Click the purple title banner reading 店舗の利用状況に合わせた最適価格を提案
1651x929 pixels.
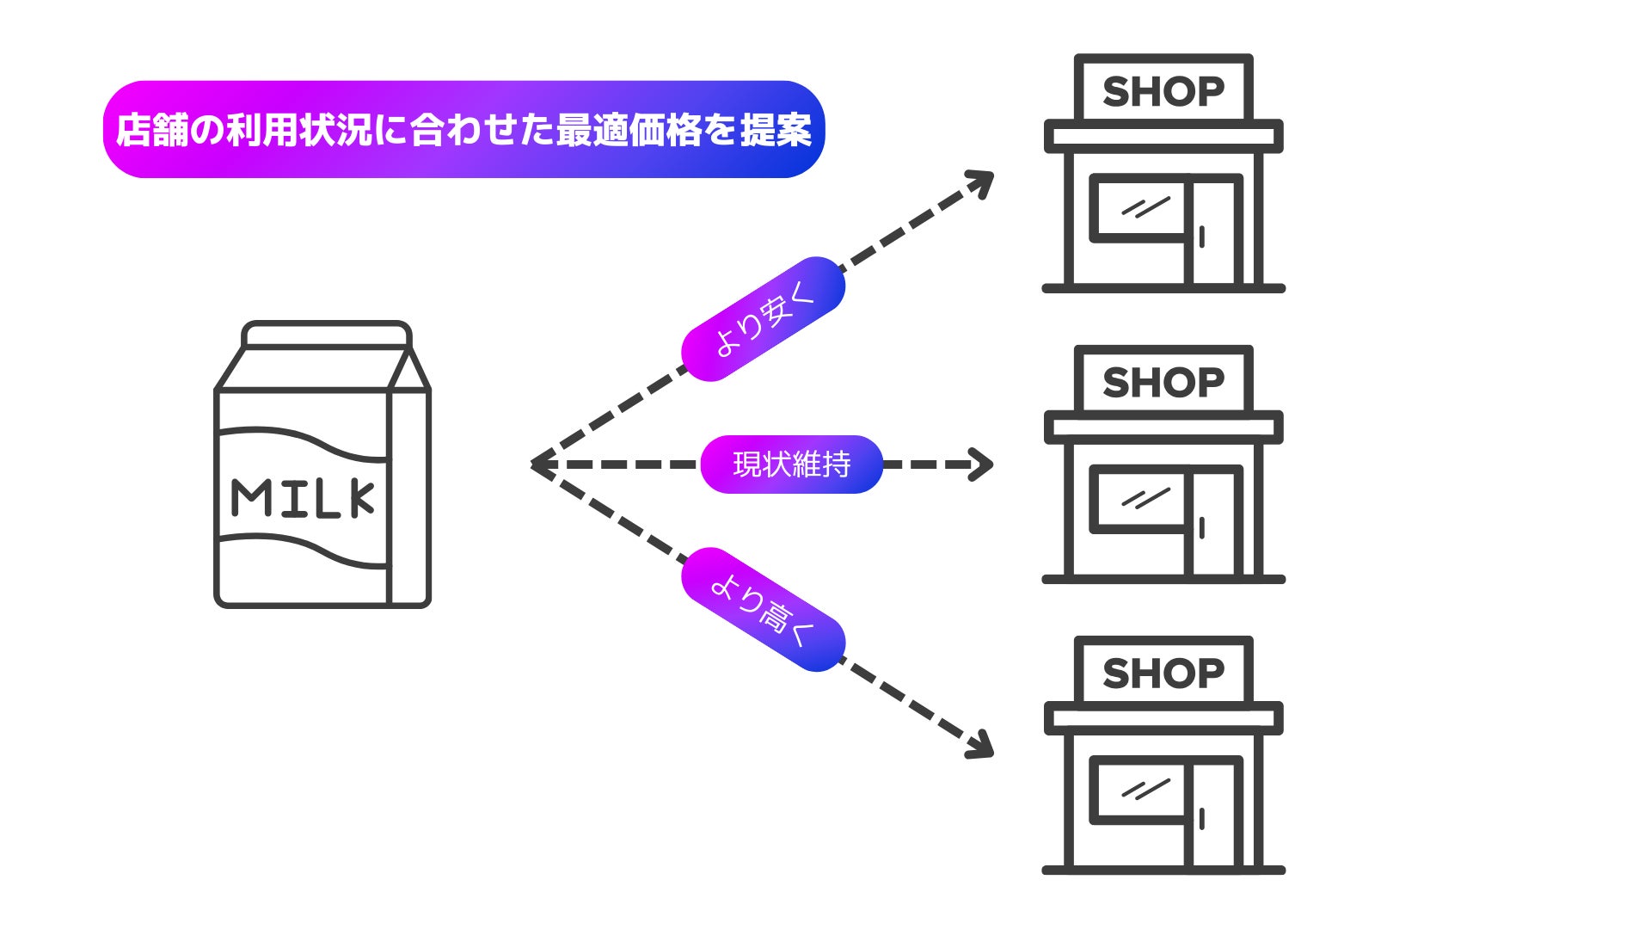pos(463,130)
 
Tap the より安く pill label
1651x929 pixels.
pos(763,319)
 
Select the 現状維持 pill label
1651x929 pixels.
pos(791,464)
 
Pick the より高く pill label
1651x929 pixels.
pos(763,610)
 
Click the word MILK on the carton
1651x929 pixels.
pos(303,498)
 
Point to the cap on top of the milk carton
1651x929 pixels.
pos(327,335)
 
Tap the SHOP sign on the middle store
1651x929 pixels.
pos(1163,382)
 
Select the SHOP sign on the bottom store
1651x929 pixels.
pos(1163,673)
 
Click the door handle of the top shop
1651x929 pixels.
pos(1201,237)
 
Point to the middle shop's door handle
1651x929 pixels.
pos(1201,527)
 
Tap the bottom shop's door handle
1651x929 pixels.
pos(1201,818)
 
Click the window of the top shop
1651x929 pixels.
pos(1139,208)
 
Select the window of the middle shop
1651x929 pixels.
pos(1139,499)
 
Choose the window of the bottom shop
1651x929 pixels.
pos(1139,790)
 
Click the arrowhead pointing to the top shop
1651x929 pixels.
pos(982,182)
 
